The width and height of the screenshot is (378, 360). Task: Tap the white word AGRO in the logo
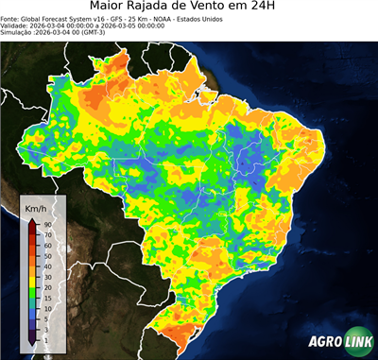[321, 343]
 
